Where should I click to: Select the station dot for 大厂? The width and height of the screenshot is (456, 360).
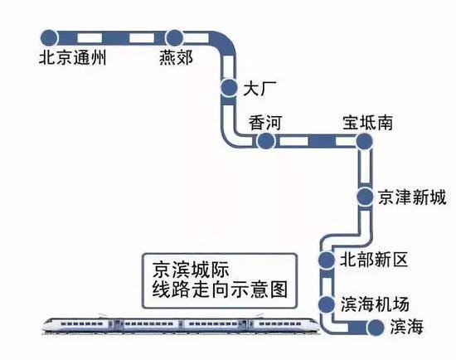pos(229,87)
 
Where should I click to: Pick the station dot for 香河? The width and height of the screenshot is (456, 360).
pos(264,142)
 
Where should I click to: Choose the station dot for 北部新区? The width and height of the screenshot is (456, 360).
pos(326,260)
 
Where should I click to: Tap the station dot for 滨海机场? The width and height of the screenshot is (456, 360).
pos(326,303)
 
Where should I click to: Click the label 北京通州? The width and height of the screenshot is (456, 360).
pos(74,59)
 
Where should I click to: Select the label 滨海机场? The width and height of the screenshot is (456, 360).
pos(375,303)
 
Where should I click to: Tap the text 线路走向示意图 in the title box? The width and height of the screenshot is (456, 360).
pos(212,291)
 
